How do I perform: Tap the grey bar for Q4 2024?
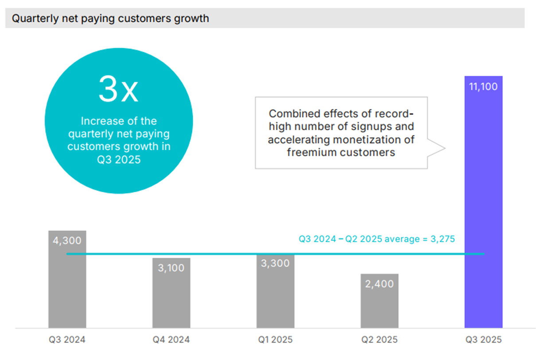click(171, 297)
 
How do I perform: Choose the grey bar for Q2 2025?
click(379, 306)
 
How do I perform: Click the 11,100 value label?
click(483, 86)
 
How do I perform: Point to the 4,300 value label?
click(67, 241)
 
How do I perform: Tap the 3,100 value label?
click(171, 268)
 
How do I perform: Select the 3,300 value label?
click(275, 263)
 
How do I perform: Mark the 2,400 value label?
click(379, 284)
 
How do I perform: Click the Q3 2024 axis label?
click(67, 340)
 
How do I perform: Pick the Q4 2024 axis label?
click(171, 340)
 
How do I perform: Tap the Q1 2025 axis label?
click(275, 340)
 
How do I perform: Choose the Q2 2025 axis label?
click(379, 340)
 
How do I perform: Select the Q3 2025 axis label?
click(483, 340)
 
